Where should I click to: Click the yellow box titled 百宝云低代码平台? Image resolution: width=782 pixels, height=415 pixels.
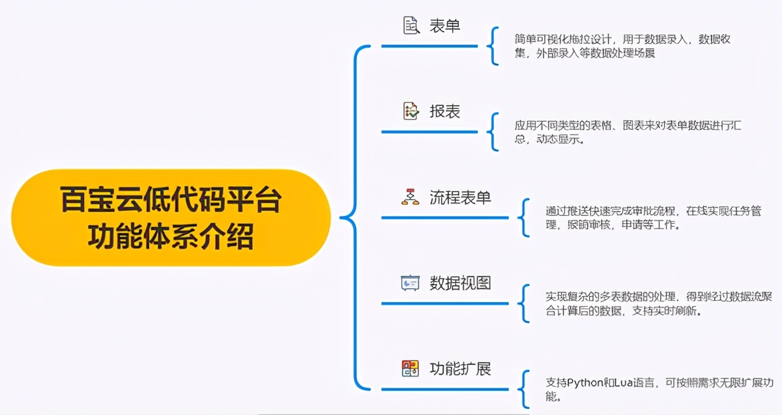171,218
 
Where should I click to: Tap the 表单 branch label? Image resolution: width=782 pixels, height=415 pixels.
445,26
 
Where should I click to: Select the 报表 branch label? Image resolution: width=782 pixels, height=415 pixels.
445,112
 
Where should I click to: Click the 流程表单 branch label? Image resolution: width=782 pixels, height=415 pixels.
460,198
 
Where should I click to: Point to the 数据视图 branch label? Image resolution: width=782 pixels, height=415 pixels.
460,283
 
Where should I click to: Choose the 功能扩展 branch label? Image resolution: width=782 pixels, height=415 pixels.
460,369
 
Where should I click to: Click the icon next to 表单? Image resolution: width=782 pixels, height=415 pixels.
411,26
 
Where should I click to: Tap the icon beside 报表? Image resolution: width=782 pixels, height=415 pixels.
411,111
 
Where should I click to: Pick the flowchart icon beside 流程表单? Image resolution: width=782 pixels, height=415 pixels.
410,197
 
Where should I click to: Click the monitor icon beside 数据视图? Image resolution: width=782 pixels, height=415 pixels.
410,283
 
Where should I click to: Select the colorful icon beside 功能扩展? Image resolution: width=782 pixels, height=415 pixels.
410,369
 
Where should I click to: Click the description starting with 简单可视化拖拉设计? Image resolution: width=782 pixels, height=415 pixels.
622,46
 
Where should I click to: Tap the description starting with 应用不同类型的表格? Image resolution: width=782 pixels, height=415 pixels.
628,132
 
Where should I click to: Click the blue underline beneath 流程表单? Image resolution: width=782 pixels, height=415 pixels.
444,218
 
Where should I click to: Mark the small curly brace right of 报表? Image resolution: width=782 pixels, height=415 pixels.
493,132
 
